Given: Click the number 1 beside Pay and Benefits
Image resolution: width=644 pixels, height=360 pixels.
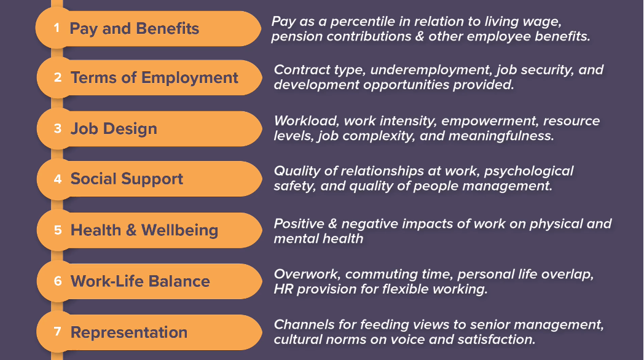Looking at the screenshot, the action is click(x=57, y=28).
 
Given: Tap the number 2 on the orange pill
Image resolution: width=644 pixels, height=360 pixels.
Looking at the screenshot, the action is click(x=58, y=77).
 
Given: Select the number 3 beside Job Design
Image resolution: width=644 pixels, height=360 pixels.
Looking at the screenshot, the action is click(x=58, y=128).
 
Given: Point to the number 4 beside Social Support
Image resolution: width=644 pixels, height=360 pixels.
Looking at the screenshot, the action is click(x=58, y=179).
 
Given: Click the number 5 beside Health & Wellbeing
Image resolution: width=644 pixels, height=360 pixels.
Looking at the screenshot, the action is click(x=58, y=230).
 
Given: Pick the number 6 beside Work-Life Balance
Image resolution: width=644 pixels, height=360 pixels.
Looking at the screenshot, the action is click(x=58, y=281).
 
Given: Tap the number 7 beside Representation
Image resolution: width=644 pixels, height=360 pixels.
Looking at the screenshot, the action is click(x=58, y=331).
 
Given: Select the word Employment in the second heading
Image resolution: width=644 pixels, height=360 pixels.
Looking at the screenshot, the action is click(x=190, y=77).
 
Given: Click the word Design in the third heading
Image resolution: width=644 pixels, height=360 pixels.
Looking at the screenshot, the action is click(x=130, y=129).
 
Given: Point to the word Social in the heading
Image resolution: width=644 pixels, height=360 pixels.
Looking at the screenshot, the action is click(x=93, y=179).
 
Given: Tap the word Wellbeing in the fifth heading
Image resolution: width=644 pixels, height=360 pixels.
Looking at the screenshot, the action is click(x=179, y=230).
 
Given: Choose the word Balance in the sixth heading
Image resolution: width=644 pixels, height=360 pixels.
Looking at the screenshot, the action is click(x=179, y=281).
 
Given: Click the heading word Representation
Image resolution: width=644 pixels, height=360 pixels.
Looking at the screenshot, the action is click(x=129, y=332).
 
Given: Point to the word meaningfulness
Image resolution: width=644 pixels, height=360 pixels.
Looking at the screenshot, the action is click(x=501, y=136).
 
